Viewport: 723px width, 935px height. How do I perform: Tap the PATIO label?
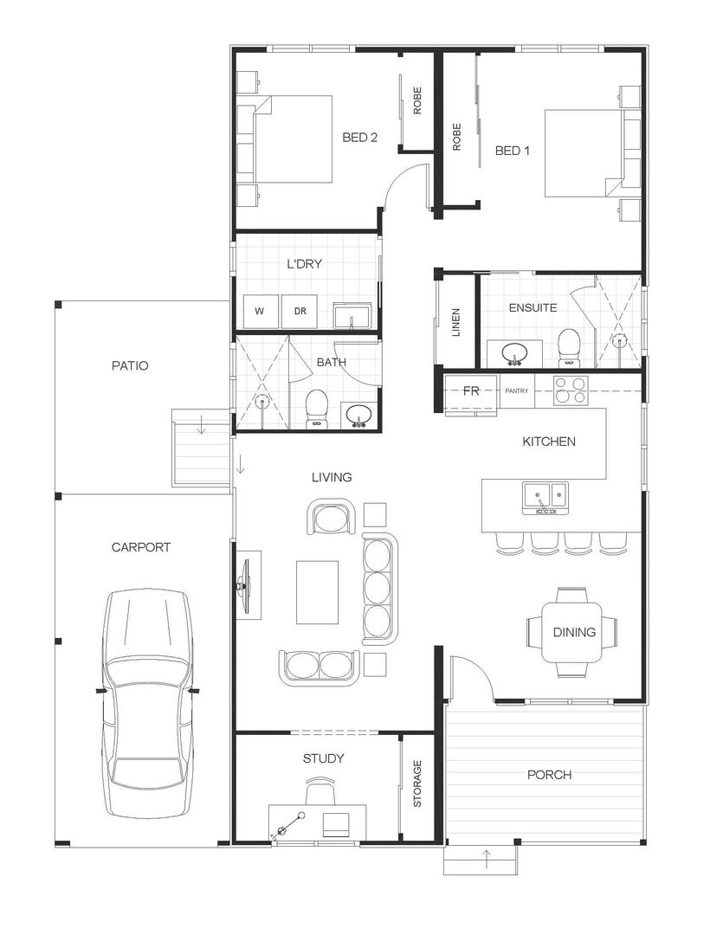point(130,365)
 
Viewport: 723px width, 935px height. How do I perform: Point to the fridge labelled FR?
point(471,391)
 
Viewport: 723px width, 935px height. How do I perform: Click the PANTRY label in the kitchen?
point(516,391)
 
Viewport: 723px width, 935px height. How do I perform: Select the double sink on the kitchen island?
point(545,497)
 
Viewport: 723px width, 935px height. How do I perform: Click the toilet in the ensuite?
point(568,345)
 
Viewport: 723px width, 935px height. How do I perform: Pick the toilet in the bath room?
point(317,407)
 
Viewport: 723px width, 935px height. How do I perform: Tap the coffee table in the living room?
point(317,591)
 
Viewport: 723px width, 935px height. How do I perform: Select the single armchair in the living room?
point(332,518)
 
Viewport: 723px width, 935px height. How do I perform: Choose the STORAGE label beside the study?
point(416,784)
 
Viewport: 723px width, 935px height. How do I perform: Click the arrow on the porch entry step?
point(487,860)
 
